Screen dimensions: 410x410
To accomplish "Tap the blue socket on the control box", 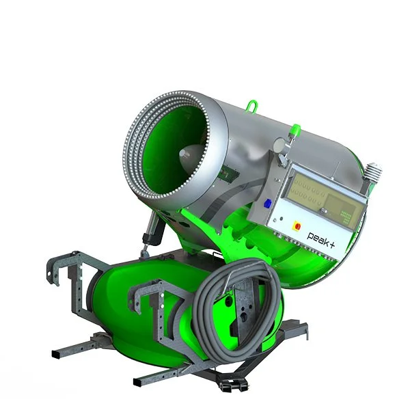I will coord(268,202).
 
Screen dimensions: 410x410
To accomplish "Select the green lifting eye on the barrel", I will coord(253,106).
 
